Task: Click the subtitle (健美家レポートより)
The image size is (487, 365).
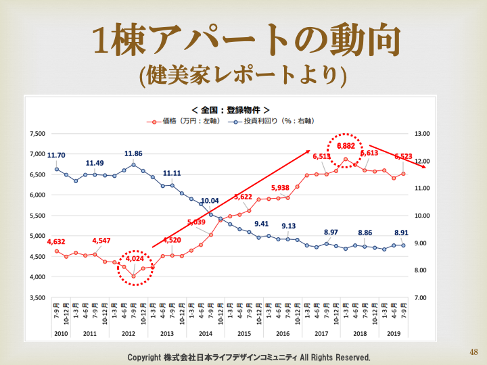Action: point(243,74)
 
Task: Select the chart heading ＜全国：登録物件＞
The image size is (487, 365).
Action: point(231,109)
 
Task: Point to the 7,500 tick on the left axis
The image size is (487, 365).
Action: point(36,134)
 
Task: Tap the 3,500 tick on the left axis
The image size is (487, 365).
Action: point(36,298)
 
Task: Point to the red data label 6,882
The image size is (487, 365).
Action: point(346,146)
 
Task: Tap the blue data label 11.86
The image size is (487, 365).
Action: point(133,154)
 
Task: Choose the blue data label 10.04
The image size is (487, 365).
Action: point(210,201)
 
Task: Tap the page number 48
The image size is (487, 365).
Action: point(473,352)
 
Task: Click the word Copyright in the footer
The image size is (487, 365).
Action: point(145,357)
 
